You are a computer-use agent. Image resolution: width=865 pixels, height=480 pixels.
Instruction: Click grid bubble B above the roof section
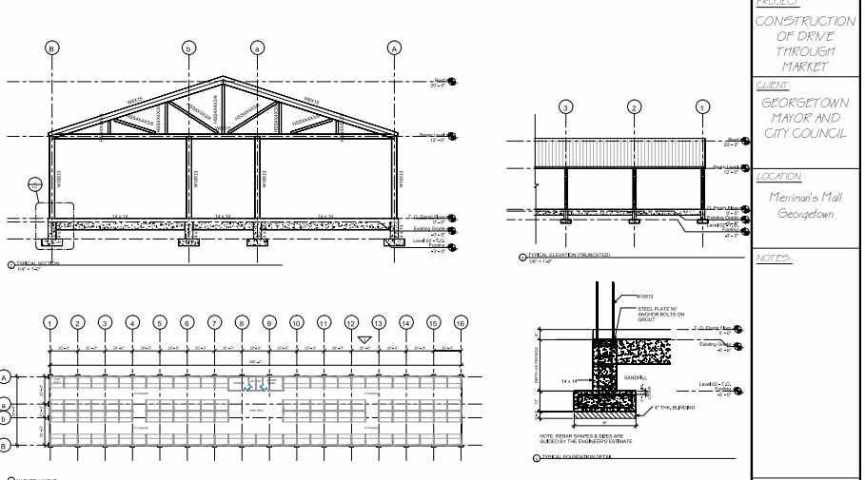click(x=52, y=47)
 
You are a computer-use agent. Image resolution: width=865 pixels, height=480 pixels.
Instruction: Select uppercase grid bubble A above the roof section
click(x=394, y=47)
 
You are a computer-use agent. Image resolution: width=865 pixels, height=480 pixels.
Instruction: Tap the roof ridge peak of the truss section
click(x=224, y=78)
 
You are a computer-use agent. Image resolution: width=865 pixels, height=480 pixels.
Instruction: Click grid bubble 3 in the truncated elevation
click(x=566, y=106)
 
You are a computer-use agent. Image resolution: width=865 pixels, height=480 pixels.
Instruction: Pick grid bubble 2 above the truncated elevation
click(x=635, y=106)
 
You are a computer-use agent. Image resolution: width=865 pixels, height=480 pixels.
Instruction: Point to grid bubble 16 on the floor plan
click(x=461, y=323)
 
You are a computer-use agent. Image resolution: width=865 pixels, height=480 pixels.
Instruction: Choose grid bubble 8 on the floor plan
click(x=242, y=323)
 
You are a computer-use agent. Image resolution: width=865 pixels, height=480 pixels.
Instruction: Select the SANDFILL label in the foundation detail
click(x=635, y=377)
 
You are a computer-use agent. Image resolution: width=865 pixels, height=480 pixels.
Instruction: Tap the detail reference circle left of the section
click(x=35, y=184)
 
